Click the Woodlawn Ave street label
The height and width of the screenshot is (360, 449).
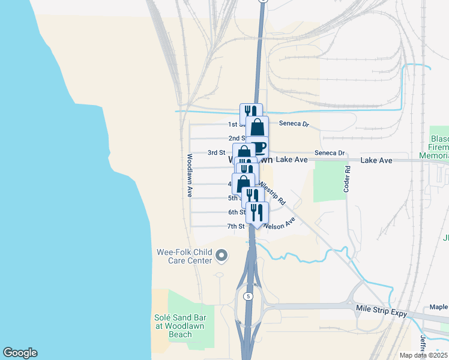coord(189,175)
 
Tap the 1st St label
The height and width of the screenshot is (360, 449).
coord(234,125)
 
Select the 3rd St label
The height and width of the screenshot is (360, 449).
coord(216,153)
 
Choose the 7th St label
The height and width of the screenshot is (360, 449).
coord(236,226)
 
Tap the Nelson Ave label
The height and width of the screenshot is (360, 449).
coord(279,221)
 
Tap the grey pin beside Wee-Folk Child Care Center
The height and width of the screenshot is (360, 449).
coord(221,256)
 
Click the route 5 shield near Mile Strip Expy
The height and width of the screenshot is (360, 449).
coord(247,296)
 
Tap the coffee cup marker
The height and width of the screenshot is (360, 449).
coord(259,147)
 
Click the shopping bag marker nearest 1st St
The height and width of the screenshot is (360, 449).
coord(257,127)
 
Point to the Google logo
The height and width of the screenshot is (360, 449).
coord(20,353)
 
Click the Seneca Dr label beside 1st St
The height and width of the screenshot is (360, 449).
coord(294,124)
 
